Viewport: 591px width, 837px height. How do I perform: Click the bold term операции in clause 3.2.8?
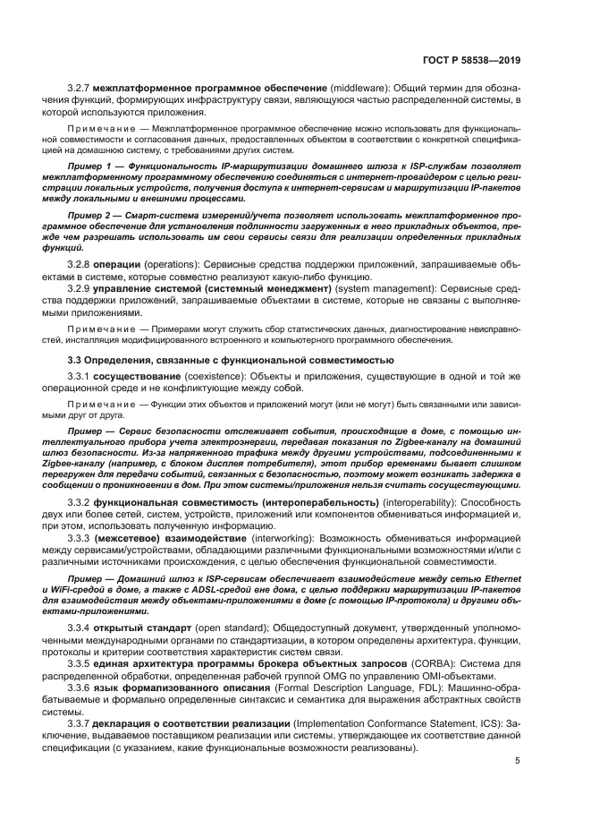[x=134, y=266]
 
